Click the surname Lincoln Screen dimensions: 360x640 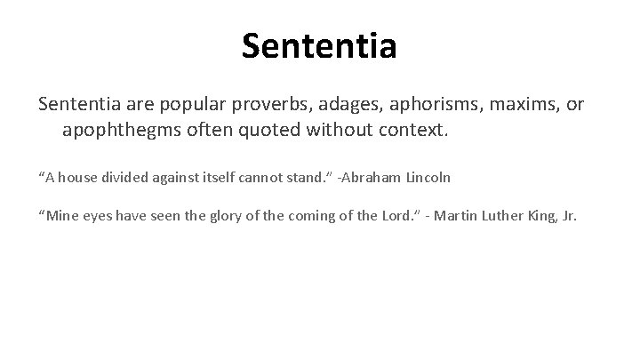(430, 178)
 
